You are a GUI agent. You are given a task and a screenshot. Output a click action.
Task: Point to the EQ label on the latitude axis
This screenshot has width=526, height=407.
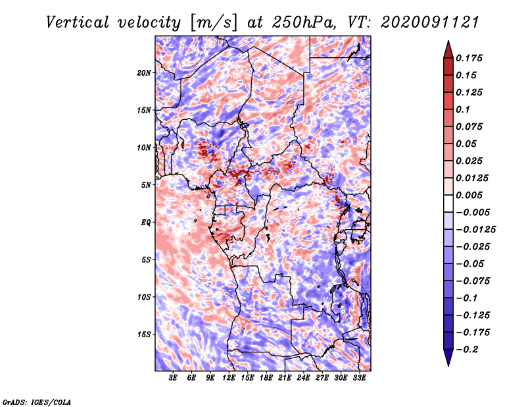point(146,223)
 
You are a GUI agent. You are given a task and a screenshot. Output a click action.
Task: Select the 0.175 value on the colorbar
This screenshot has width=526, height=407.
point(471,58)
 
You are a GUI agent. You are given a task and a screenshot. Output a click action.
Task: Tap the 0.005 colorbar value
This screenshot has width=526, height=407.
point(471,195)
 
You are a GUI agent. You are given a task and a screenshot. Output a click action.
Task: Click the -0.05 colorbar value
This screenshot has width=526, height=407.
point(470,263)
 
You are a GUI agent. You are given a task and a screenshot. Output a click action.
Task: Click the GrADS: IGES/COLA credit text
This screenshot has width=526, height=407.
point(37,401)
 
